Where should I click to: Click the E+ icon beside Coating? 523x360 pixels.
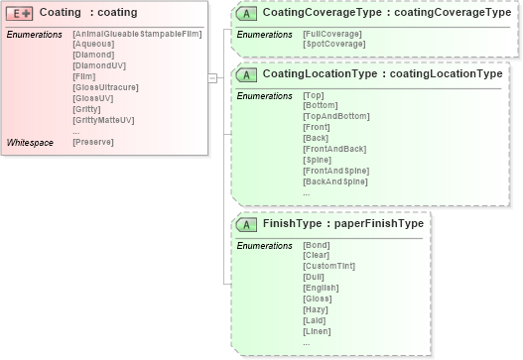coord(20,13)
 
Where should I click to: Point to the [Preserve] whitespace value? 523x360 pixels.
coord(93,143)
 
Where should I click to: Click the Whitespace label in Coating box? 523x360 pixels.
coord(31,143)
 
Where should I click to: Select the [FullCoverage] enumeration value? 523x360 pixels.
coord(332,35)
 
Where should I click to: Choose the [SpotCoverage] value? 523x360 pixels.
coord(332,45)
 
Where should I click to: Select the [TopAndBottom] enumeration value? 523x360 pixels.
coord(335,117)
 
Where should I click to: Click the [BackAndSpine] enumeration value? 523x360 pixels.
coord(334,181)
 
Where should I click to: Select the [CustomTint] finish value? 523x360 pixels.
coord(328,266)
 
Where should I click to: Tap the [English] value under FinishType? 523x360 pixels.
coord(321,288)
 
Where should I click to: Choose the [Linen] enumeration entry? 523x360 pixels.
coord(318,330)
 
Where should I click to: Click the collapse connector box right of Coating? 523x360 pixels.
coord(212,76)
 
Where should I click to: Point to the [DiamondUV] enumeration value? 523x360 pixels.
coord(96,67)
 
